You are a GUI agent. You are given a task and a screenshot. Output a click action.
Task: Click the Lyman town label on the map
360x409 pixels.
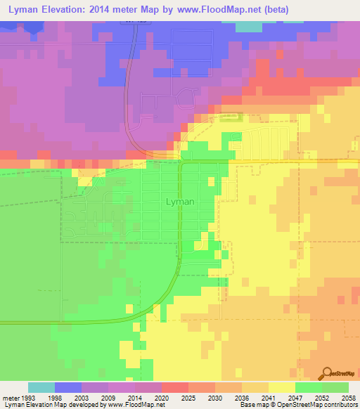[179, 201]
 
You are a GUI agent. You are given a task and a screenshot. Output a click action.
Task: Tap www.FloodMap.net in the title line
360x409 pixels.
[215, 10]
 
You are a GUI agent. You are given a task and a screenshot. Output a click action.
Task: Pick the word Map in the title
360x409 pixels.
[163, 10]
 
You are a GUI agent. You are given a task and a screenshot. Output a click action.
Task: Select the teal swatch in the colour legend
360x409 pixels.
[41, 387]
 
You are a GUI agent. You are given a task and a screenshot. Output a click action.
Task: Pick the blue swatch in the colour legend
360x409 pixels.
[67, 387]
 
